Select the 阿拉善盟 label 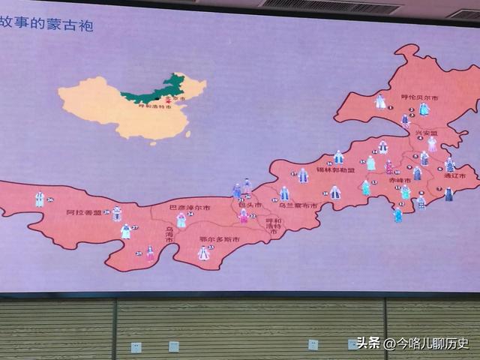80,212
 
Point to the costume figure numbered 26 40,199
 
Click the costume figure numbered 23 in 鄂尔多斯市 203,253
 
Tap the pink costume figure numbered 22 243,216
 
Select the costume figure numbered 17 303,175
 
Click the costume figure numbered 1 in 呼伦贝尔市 380,102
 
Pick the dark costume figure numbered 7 448,194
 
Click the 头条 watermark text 367,343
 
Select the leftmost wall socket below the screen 136,347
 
